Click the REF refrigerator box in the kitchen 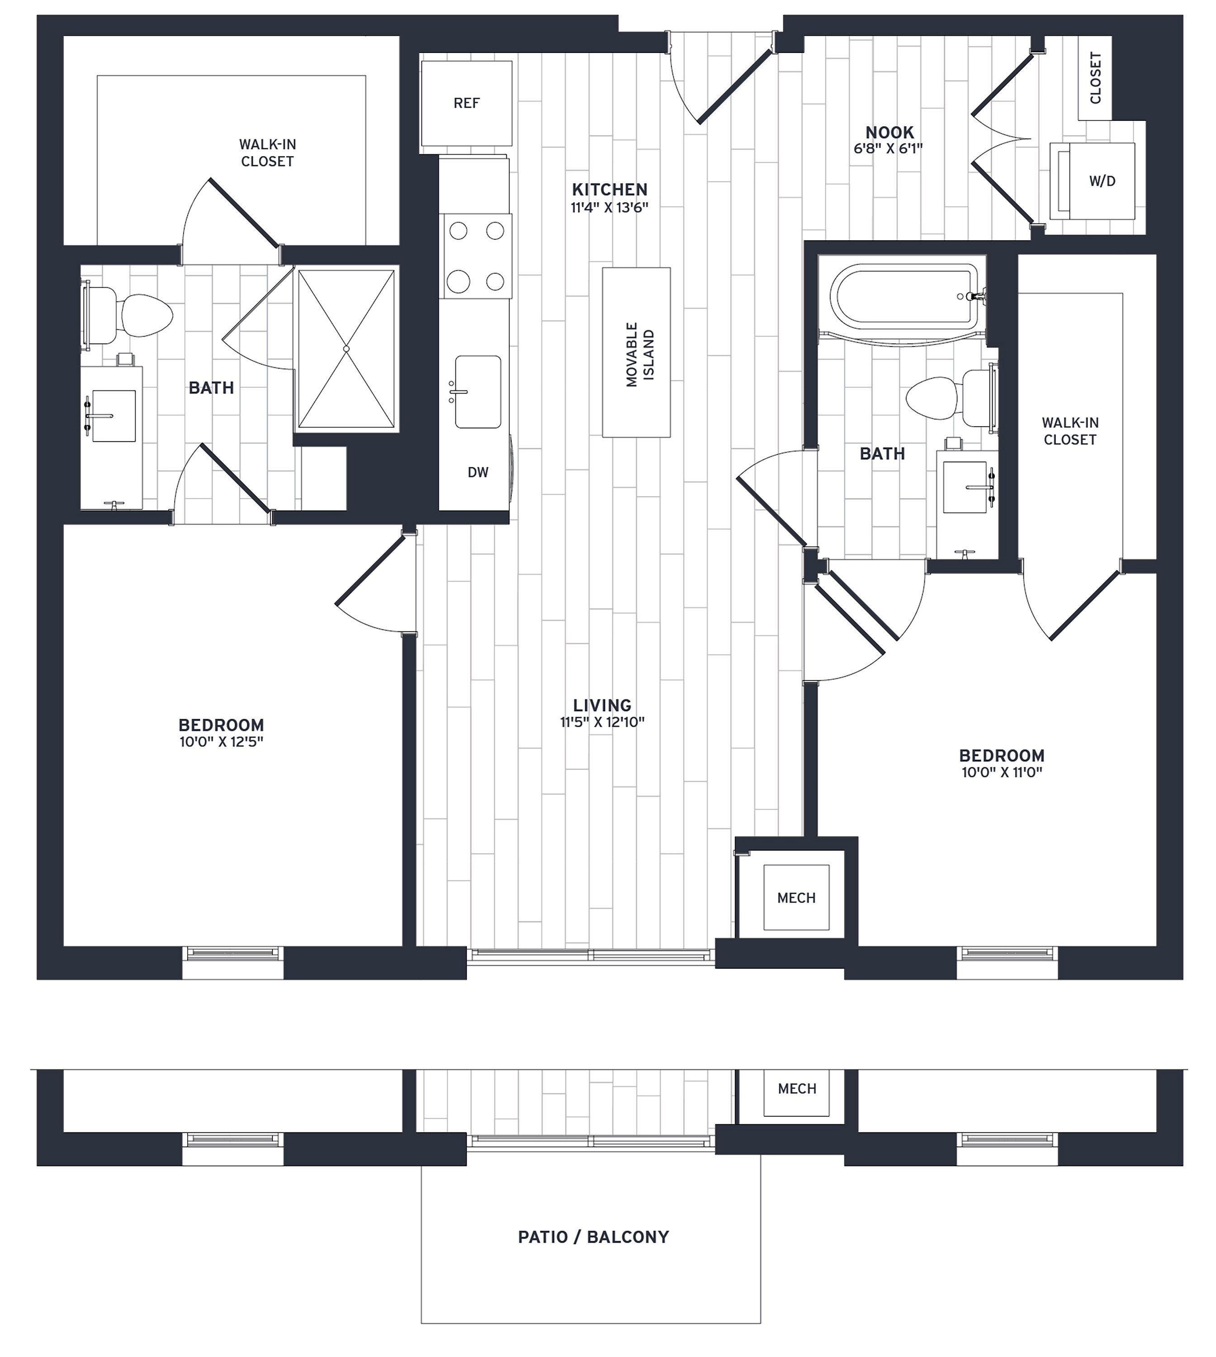coord(466,104)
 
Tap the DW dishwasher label coord(478,472)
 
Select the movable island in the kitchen coord(636,353)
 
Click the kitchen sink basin coord(478,392)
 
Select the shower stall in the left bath coord(346,349)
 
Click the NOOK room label coord(890,132)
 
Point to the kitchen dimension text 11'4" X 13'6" coord(609,207)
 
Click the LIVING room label coord(602,705)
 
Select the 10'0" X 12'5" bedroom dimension coord(221,742)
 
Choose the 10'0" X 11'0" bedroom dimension coord(1002,773)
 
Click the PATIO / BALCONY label coord(593,1237)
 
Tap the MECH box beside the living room coord(796,898)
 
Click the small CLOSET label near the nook coord(1095,78)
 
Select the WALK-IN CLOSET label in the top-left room coord(267,153)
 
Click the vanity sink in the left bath coord(114,416)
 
